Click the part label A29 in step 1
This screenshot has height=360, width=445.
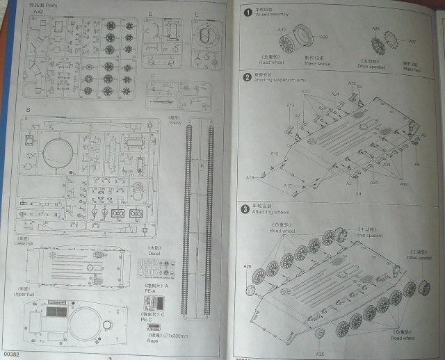click(324, 37)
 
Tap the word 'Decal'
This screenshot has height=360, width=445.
click(154, 253)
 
